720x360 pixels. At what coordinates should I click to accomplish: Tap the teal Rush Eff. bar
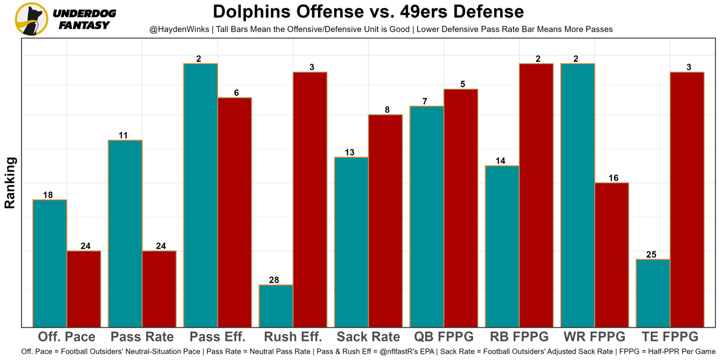tap(276, 306)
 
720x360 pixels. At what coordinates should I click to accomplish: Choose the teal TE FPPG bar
tap(653, 293)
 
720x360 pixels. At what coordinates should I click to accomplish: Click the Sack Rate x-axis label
tap(368, 337)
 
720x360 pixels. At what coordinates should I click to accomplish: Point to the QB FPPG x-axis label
tap(444, 337)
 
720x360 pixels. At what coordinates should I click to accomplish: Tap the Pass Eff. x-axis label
tap(218, 337)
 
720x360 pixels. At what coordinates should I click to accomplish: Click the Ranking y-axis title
tap(10, 183)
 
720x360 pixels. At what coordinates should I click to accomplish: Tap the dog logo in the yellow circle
tap(31, 19)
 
